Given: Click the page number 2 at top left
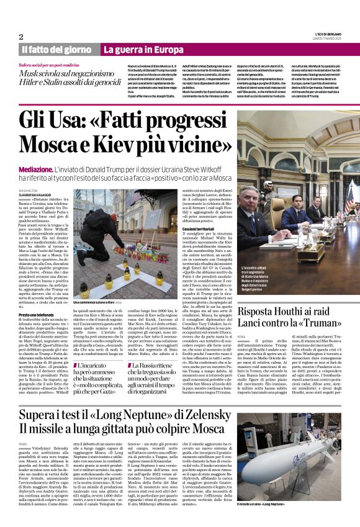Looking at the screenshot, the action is click(21, 37).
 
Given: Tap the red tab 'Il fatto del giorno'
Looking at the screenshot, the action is click(57, 49).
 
